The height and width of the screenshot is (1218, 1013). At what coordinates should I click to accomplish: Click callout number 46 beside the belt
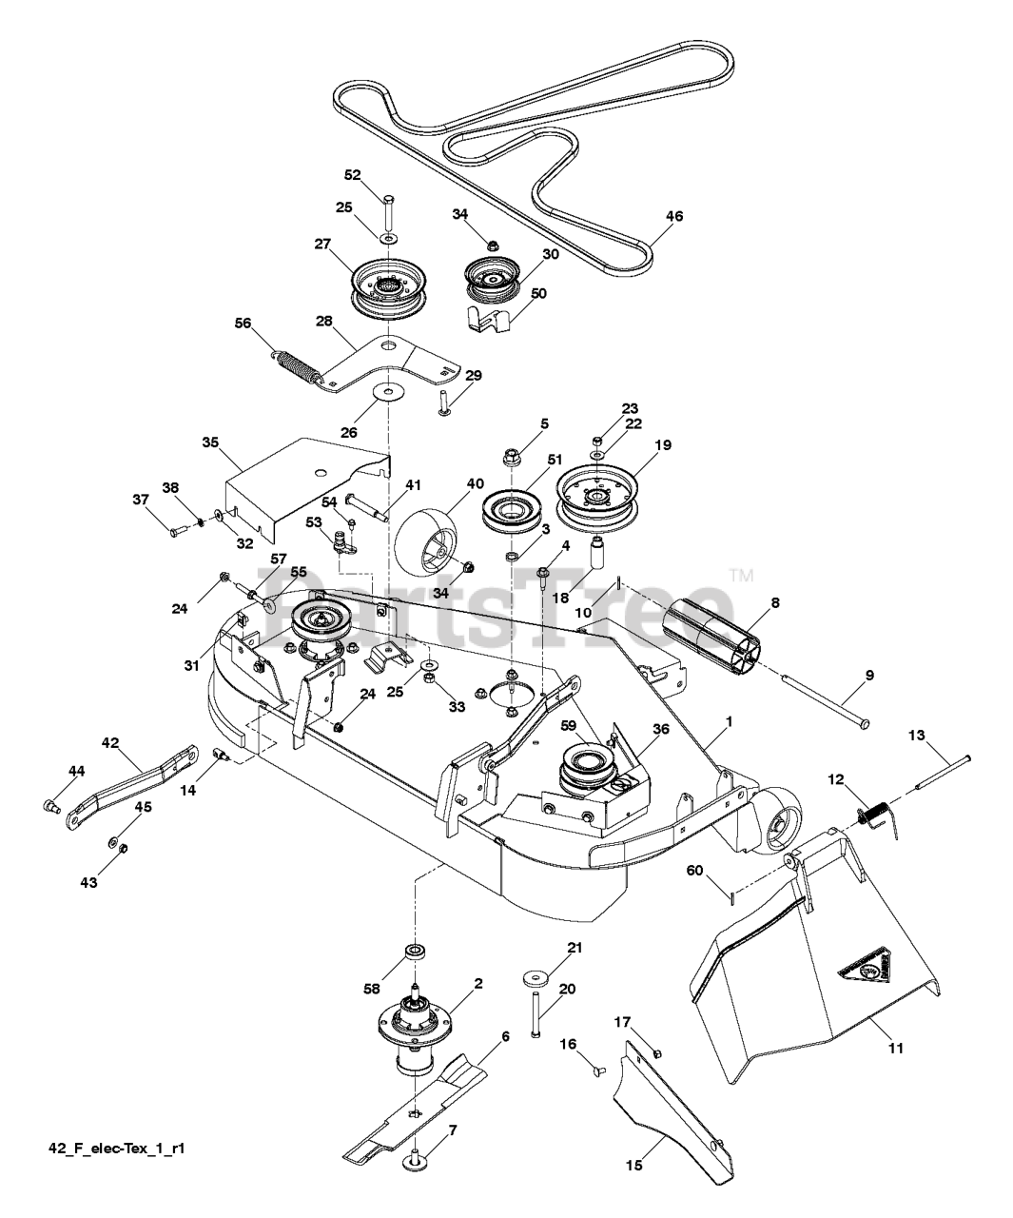pos(673,216)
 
